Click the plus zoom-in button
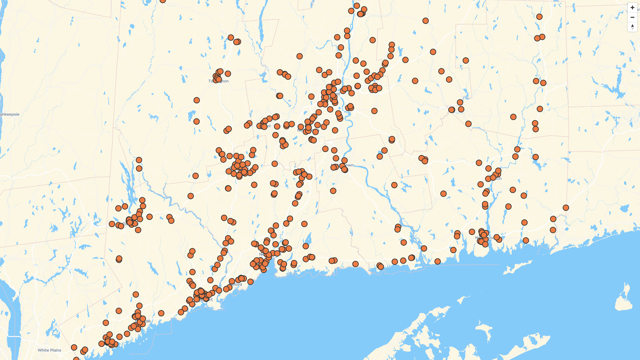tap(632, 8)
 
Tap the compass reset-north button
tap(632, 27)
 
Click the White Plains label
tap(49, 350)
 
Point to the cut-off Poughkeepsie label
tap(10, 114)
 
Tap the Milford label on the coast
tap(237, 285)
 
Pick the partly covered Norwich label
tap(498, 179)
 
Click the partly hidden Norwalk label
tap(145, 321)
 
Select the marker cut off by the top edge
tap(163, 1)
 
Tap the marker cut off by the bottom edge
tap(76, 359)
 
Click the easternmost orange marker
tap(566, 208)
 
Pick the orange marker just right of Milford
tap(250, 282)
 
